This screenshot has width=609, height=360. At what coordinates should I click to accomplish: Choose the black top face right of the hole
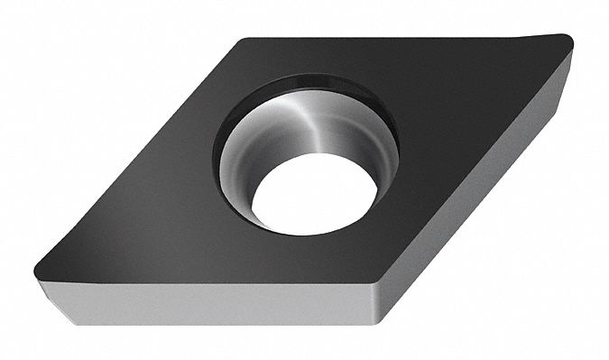(x=451, y=126)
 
